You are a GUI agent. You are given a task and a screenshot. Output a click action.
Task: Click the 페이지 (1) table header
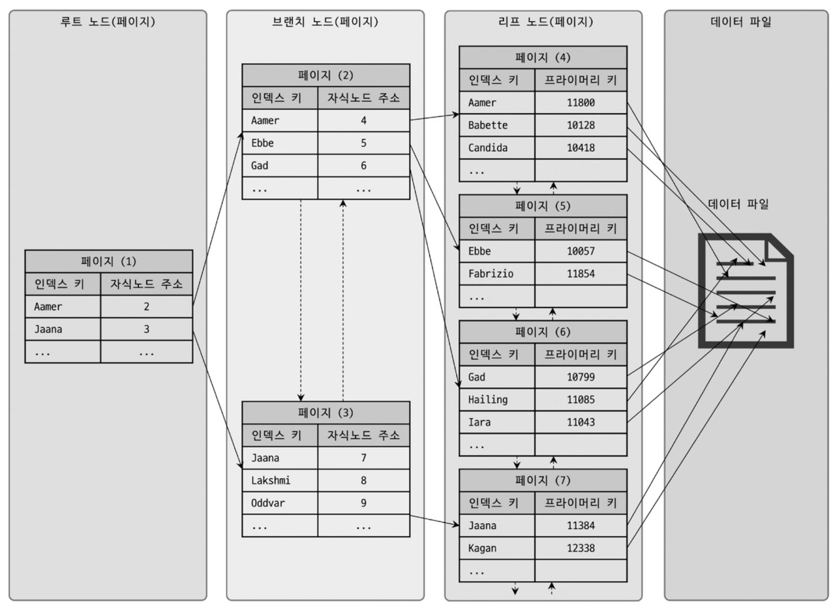click(x=108, y=261)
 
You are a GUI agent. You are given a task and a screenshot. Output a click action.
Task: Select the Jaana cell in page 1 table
click(x=63, y=329)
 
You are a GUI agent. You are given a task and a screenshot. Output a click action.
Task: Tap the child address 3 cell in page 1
click(x=146, y=329)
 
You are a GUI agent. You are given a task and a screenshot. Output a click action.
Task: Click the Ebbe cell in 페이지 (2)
click(x=279, y=143)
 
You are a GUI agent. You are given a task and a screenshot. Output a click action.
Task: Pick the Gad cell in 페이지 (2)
click(x=279, y=166)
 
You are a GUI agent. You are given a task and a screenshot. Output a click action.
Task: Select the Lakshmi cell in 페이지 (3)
click(x=279, y=481)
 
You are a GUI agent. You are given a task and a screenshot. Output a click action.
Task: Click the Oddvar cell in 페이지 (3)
click(x=279, y=503)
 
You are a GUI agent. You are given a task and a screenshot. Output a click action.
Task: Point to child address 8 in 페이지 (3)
click(x=363, y=481)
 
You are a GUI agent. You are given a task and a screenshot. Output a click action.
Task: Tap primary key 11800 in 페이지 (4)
click(x=580, y=103)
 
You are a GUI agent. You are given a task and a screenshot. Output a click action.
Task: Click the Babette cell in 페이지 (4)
click(x=496, y=125)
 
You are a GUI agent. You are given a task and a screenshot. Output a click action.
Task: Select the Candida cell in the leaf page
click(x=496, y=148)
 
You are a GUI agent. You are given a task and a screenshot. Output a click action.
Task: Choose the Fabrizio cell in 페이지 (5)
click(x=496, y=274)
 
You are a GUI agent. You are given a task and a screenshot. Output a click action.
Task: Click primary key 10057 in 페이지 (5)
click(x=580, y=251)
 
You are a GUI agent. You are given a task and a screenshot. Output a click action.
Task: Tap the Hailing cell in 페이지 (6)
click(x=496, y=400)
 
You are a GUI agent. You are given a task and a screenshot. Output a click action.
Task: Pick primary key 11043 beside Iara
click(x=580, y=422)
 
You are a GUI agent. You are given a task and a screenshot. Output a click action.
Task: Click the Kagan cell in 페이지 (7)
click(x=496, y=548)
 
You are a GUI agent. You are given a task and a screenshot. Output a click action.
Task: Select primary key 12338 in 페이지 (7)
click(x=580, y=548)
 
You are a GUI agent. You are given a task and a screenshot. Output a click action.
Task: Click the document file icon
click(x=745, y=291)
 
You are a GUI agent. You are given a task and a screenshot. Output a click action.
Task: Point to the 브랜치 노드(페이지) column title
click(x=325, y=22)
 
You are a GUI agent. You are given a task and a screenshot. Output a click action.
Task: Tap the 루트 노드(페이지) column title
click(x=108, y=22)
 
